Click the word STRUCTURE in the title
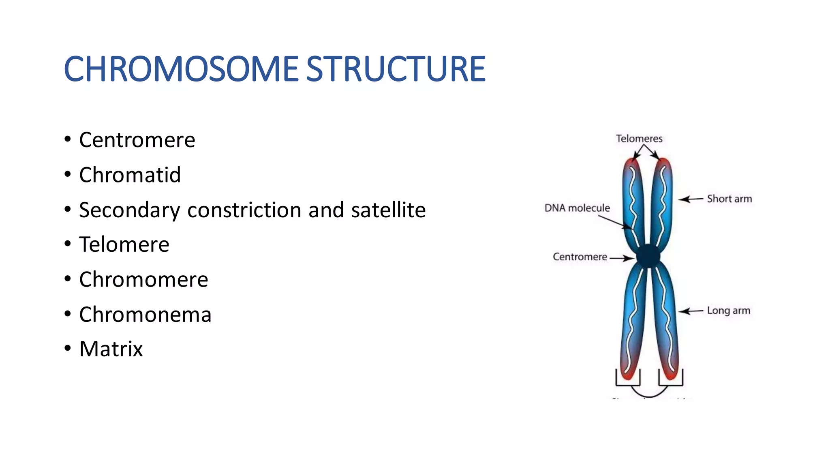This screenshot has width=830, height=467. click(x=396, y=69)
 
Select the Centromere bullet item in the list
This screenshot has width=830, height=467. click(x=137, y=140)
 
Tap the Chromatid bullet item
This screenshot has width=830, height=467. click(x=130, y=175)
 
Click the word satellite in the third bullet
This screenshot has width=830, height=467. click(x=388, y=210)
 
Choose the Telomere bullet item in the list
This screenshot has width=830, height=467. click(x=124, y=245)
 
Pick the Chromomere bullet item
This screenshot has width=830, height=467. click(x=143, y=280)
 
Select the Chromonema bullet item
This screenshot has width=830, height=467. click(x=145, y=315)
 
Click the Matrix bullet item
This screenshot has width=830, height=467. click(x=111, y=349)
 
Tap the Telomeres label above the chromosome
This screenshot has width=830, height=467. click(x=639, y=139)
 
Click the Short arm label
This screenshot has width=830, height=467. click(x=729, y=199)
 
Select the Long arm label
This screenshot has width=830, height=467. click(x=728, y=311)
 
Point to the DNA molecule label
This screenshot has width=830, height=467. click(x=577, y=208)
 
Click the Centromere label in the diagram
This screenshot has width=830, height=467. click(x=580, y=257)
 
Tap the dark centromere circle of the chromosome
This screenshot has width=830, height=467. click(x=648, y=256)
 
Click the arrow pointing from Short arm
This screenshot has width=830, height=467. click(x=691, y=199)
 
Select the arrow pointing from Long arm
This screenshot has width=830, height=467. click(x=691, y=311)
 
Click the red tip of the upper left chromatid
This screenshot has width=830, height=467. click(x=631, y=164)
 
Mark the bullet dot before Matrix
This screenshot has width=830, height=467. click(x=68, y=349)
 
